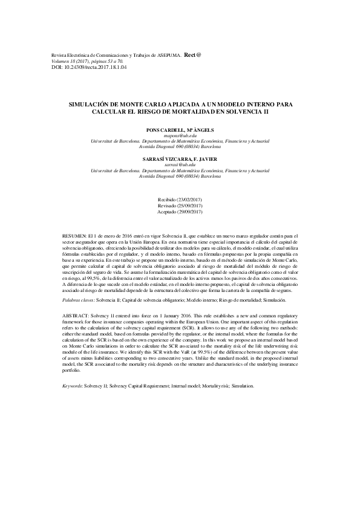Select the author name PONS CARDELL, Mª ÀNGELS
180,130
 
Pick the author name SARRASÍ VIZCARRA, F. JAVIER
180,159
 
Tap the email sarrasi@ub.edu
180,164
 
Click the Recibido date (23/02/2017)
180,199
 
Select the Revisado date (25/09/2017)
180,206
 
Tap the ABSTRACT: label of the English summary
77,316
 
